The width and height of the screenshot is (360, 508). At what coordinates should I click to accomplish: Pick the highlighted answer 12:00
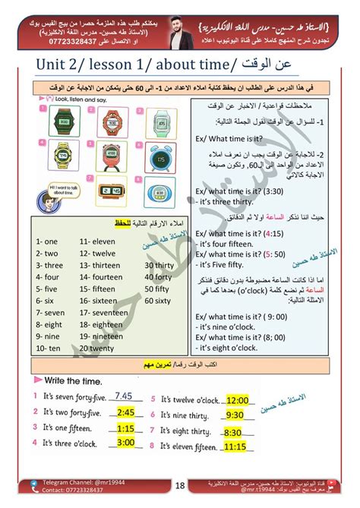click(x=238, y=400)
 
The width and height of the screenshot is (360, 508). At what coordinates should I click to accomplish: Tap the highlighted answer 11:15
click(x=238, y=448)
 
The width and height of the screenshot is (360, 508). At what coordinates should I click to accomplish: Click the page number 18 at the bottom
click(x=179, y=486)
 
